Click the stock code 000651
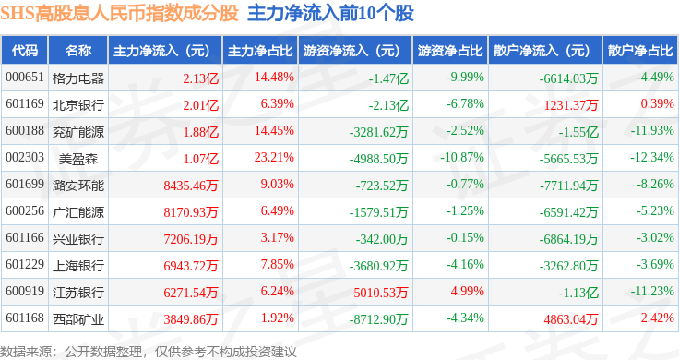click(25, 78)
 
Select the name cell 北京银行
click(78, 105)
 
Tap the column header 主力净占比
click(260, 51)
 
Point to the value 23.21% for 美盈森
click(274, 157)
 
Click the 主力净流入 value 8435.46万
click(191, 186)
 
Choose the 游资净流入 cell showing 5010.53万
click(381, 293)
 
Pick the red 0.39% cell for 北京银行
click(658, 103)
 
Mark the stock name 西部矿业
click(78, 319)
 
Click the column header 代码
click(25, 51)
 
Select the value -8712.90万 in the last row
click(378, 319)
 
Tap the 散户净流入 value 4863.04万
click(571, 319)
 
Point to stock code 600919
click(25, 291)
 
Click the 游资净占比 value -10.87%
click(462, 157)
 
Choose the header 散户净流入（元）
click(545, 51)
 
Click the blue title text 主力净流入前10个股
click(331, 13)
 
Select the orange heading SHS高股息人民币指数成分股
click(120, 13)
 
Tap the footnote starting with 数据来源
click(149, 352)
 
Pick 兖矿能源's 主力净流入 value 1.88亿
click(200, 132)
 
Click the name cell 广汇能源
click(78, 212)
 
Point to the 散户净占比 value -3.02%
click(655, 237)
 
